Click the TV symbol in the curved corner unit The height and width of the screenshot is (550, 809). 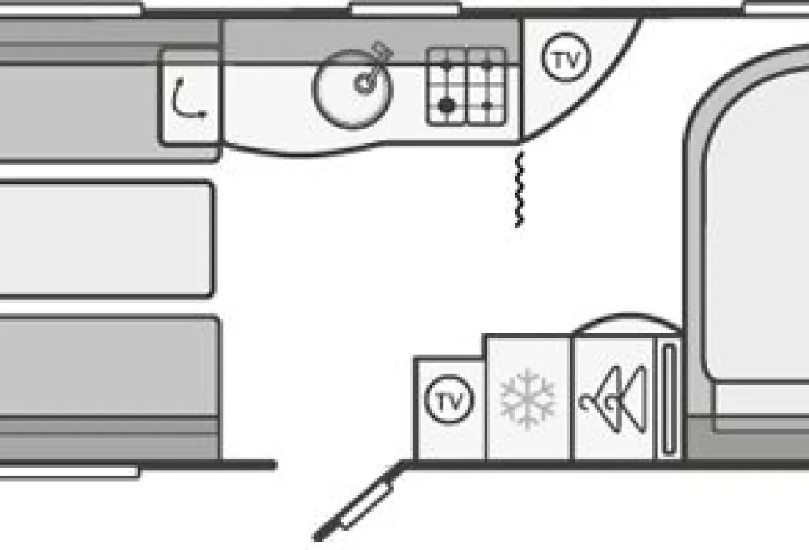(x=566, y=57)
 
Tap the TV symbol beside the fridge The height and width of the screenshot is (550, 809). (x=449, y=399)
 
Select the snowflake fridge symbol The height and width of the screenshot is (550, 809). (x=528, y=398)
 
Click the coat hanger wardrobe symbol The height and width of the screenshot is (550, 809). (x=614, y=399)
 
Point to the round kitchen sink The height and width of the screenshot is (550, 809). (x=353, y=89)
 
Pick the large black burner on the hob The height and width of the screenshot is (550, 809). (x=446, y=106)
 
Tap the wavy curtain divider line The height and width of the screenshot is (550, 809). (x=519, y=190)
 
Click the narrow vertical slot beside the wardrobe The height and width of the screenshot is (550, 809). (x=669, y=399)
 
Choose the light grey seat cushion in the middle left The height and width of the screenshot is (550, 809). (x=106, y=239)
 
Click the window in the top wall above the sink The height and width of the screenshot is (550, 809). (x=405, y=9)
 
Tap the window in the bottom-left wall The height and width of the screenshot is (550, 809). (x=69, y=471)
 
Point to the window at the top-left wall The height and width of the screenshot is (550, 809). (x=71, y=9)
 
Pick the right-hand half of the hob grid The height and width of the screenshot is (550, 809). (x=487, y=86)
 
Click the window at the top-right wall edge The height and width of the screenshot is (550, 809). (x=776, y=8)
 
